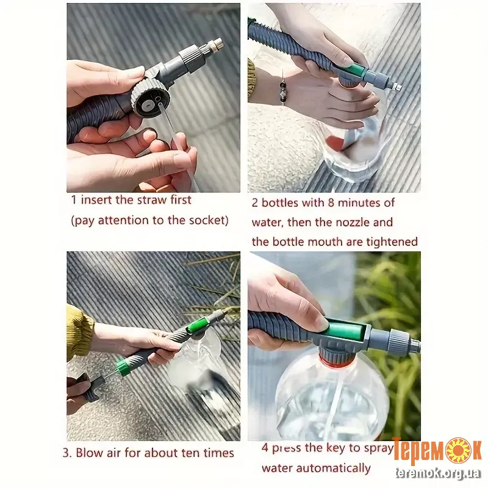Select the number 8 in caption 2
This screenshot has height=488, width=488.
(331, 203)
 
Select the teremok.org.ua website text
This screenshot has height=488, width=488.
(439, 473)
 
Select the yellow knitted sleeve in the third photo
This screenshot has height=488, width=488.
(79, 331)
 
